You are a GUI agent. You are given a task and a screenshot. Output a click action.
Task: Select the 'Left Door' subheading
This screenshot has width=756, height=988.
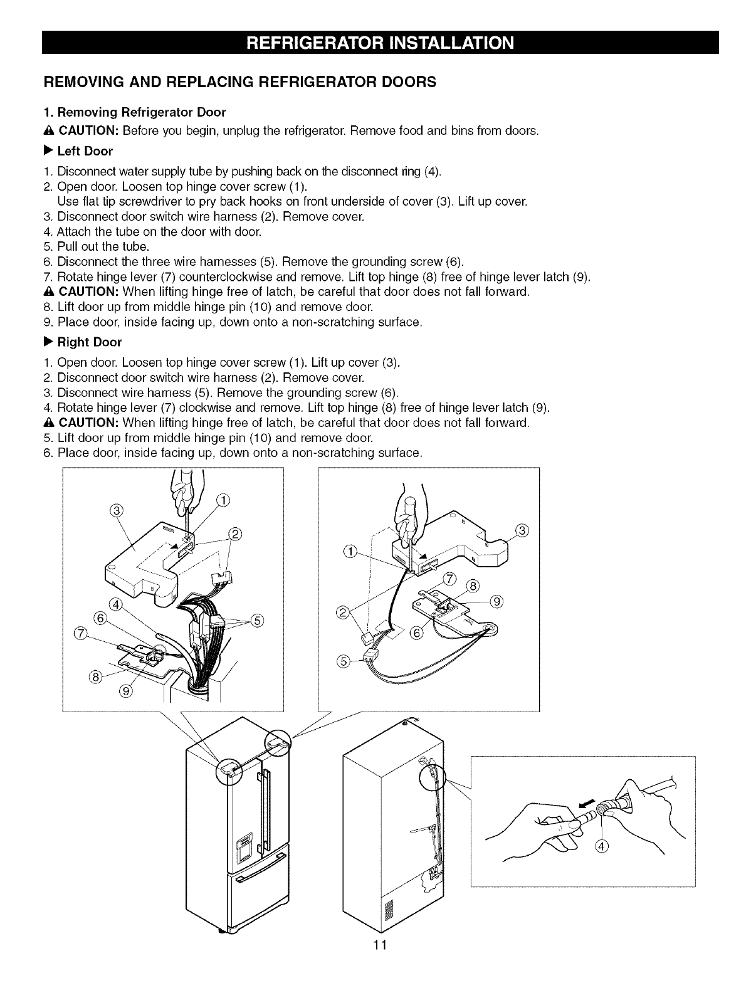(x=85, y=151)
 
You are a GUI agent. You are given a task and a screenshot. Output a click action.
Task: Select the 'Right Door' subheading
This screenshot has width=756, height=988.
(x=89, y=342)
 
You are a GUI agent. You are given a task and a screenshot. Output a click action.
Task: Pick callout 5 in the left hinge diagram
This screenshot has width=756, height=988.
(x=256, y=621)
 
